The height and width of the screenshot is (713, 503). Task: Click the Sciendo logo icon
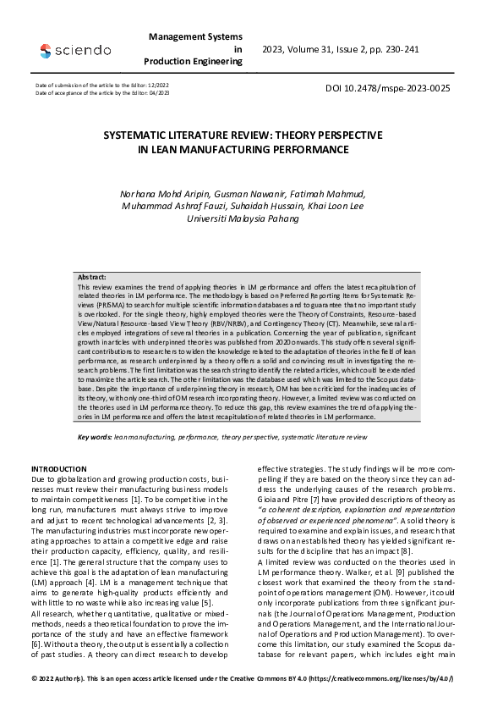pyautogui.click(x=45, y=51)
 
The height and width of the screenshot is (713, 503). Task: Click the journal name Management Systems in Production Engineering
pyautogui.click(x=194, y=49)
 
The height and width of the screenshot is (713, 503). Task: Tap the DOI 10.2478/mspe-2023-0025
pyautogui.click(x=387, y=88)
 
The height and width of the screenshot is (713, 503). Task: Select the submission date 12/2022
pyautogui.click(x=150, y=86)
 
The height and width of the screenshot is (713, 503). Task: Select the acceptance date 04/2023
pyautogui.click(x=158, y=92)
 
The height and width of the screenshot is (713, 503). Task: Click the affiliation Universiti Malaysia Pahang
pyautogui.click(x=243, y=218)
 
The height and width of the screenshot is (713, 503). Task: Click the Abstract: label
pyautogui.click(x=92, y=277)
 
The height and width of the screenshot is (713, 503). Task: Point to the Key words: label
pyautogui.click(x=94, y=436)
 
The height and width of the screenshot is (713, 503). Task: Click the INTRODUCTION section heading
pyautogui.click(x=59, y=468)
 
